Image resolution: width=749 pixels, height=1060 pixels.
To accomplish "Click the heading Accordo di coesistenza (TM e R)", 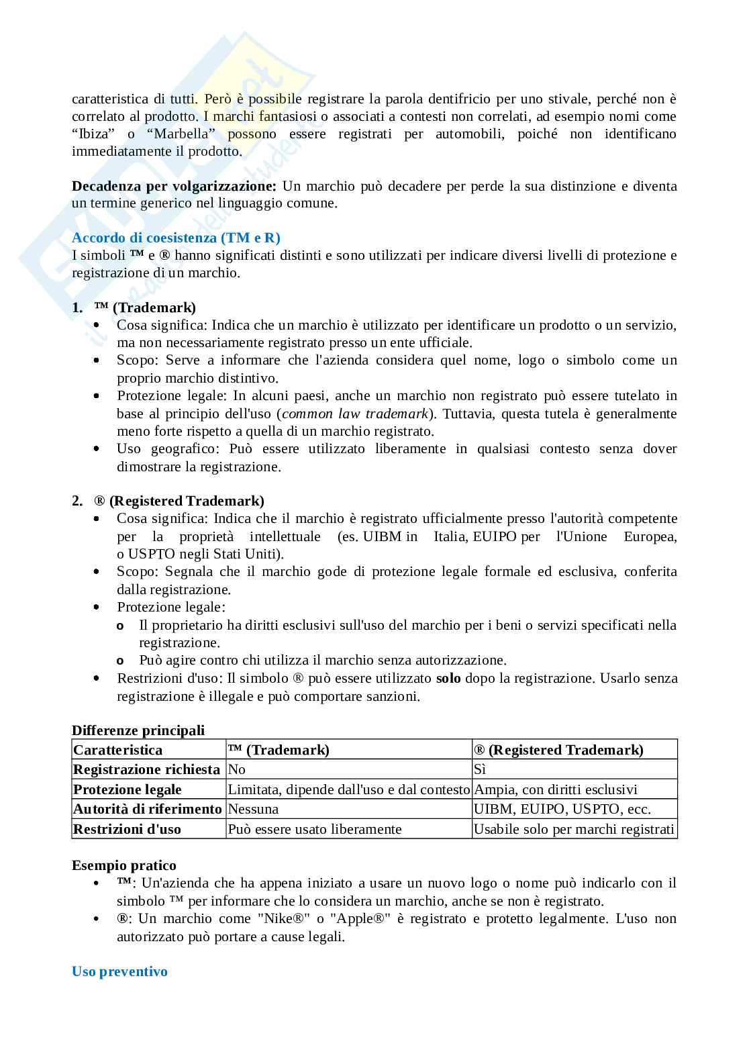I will click(x=176, y=238).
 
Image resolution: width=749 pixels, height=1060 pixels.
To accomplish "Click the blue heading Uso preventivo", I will click(x=119, y=971).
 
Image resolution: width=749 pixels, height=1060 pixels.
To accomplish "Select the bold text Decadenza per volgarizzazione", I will click(x=174, y=186).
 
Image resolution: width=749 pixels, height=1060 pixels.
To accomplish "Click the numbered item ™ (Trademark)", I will click(x=145, y=307).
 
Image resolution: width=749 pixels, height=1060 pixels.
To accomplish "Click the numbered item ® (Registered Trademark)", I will click(x=179, y=501).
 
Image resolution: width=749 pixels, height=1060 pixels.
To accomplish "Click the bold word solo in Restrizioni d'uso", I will click(x=448, y=678).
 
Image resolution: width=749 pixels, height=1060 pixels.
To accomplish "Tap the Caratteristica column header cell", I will click(x=118, y=750).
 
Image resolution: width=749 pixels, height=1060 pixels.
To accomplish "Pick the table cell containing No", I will click(x=237, y=769).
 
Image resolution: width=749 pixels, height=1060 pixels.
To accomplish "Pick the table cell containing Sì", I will click(x=480, y=769).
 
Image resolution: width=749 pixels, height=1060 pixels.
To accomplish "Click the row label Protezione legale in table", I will click(x=128, y=789).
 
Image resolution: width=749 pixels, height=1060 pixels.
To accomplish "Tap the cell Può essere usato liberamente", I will click(x=315, y=829).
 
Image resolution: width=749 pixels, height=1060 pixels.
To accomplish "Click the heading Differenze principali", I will click(x=138, y=730).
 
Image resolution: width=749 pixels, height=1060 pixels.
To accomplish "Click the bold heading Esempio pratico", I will click(x=124, y=865).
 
